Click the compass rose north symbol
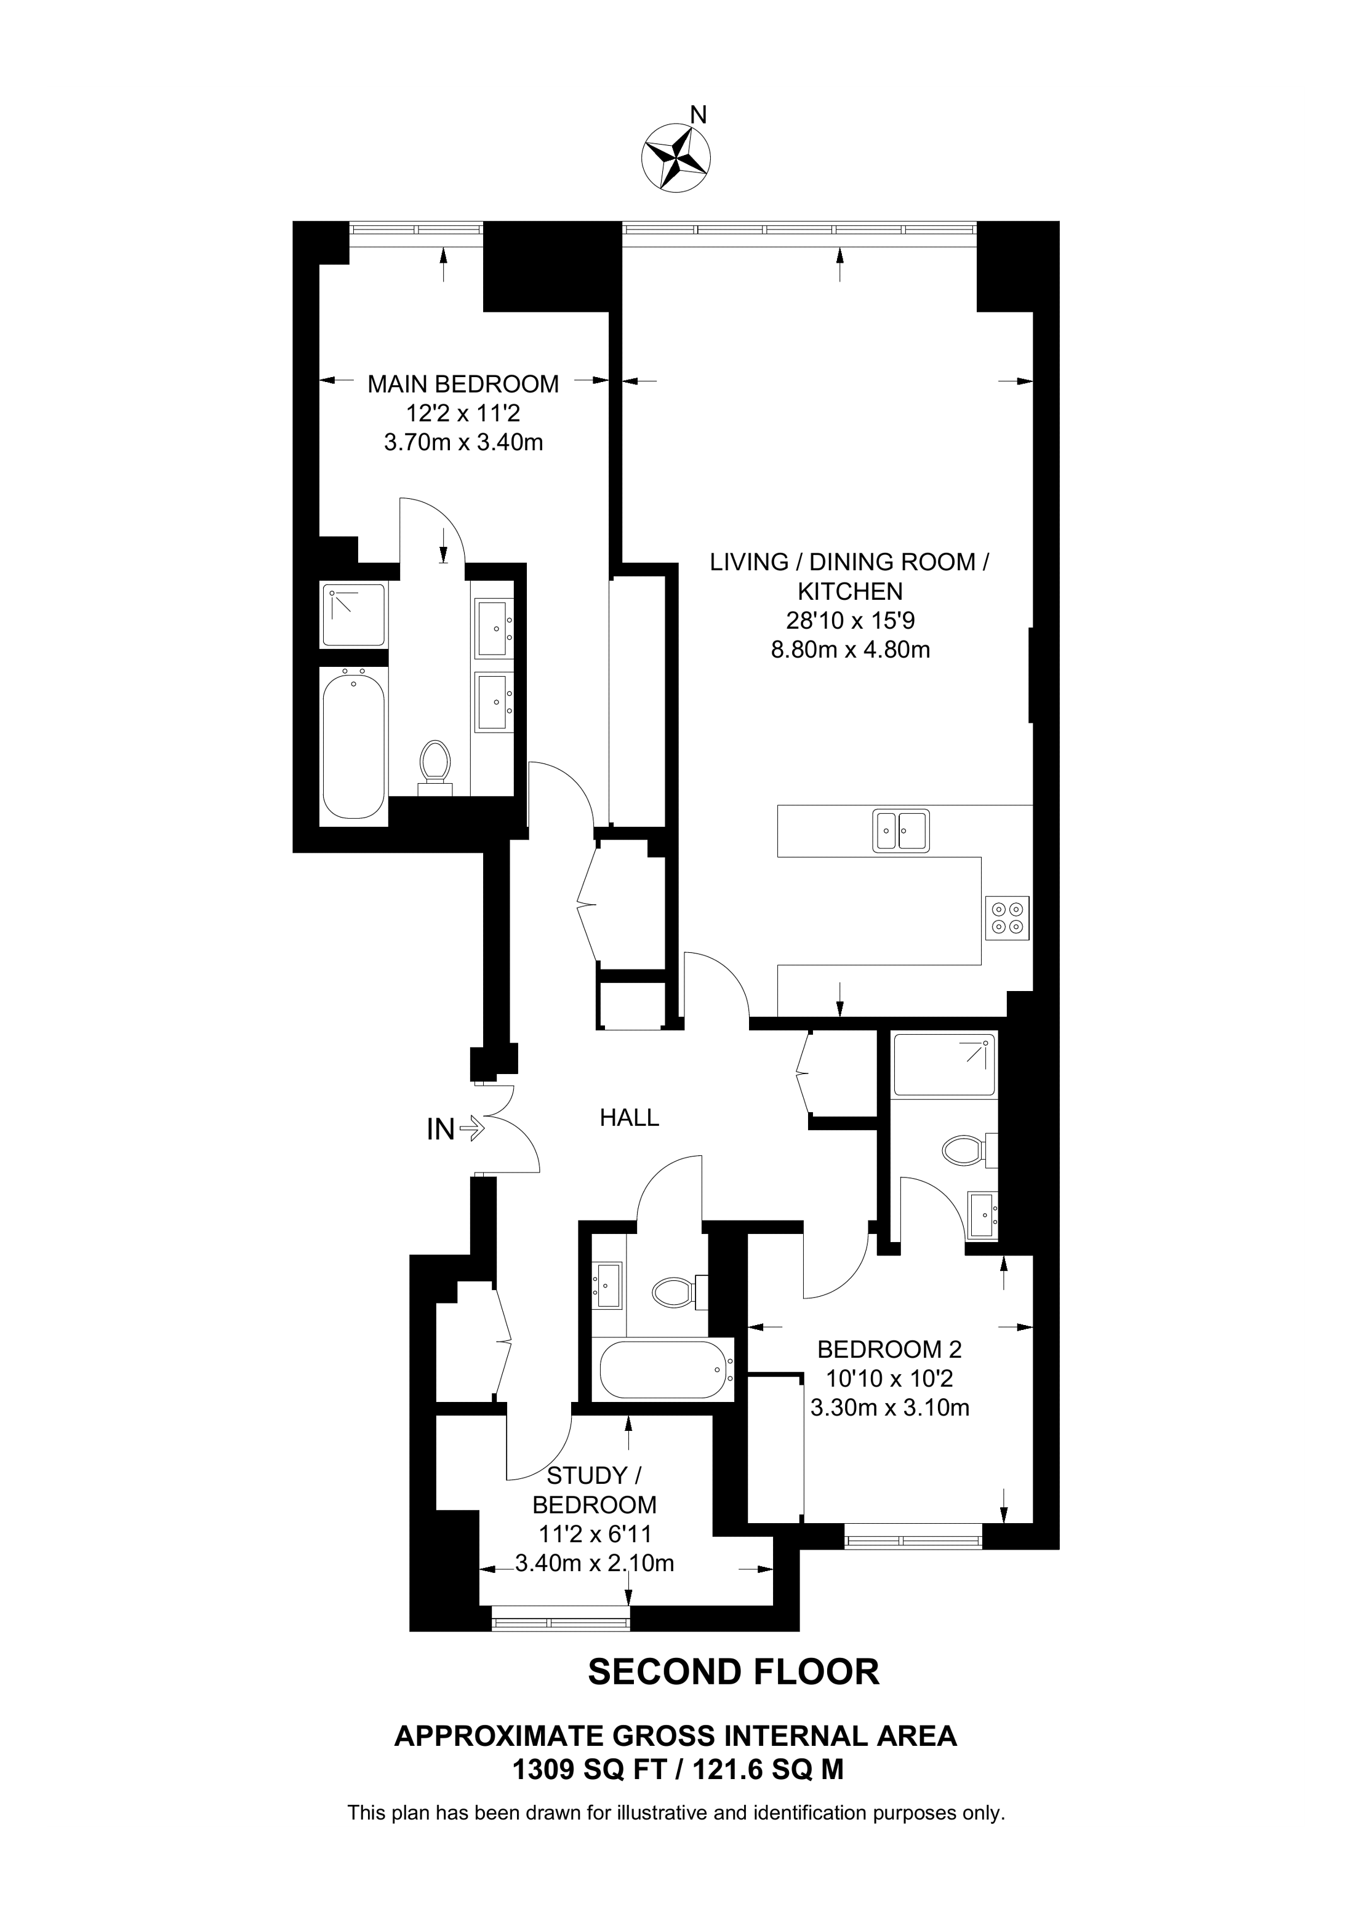(675, 155)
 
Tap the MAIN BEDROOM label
(463, 384)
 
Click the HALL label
(629, 1118)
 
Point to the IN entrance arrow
(471, 1129)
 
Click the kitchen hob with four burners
(1007, 917)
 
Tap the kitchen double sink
(901, 830)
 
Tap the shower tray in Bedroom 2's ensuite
(944, 1065)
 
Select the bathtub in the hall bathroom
(664, 1369)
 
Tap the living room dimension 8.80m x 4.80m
(850, 650)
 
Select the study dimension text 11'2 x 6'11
(595, 1534)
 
